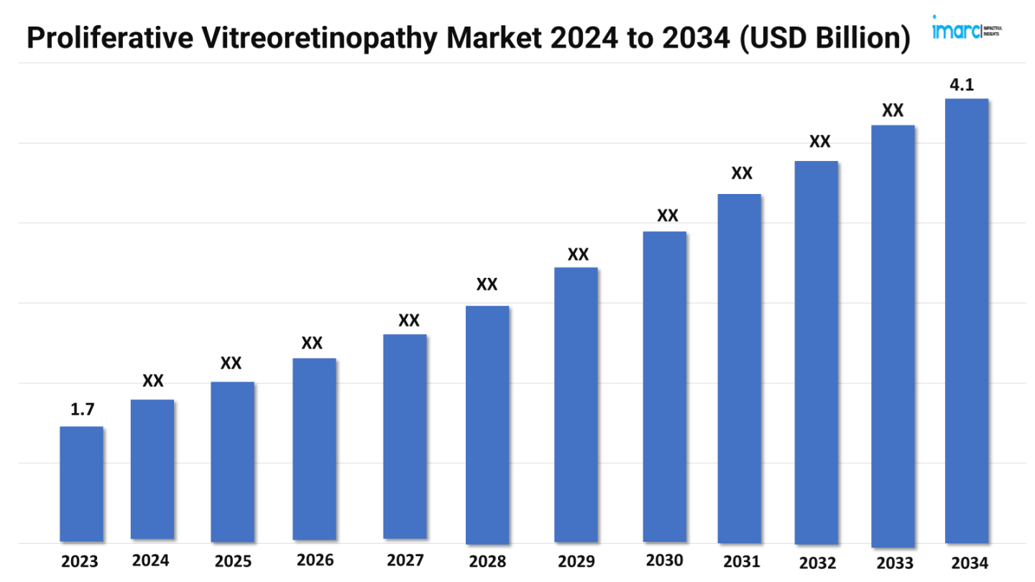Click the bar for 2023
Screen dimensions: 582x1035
pos(81,484)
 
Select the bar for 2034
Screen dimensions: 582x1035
pos(966,320)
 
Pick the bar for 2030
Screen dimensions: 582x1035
pos(665,387)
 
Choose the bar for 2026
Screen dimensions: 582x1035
pos(314,449)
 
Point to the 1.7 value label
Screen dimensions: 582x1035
pos(82,410)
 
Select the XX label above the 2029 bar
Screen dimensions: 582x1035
pos(578,254)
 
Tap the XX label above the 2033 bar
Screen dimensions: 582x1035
pos(893,111)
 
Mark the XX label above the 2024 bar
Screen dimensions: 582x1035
pos(152,381)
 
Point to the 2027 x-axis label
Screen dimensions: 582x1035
pos(405,560)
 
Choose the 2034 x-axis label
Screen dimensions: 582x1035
pos(968,563)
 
